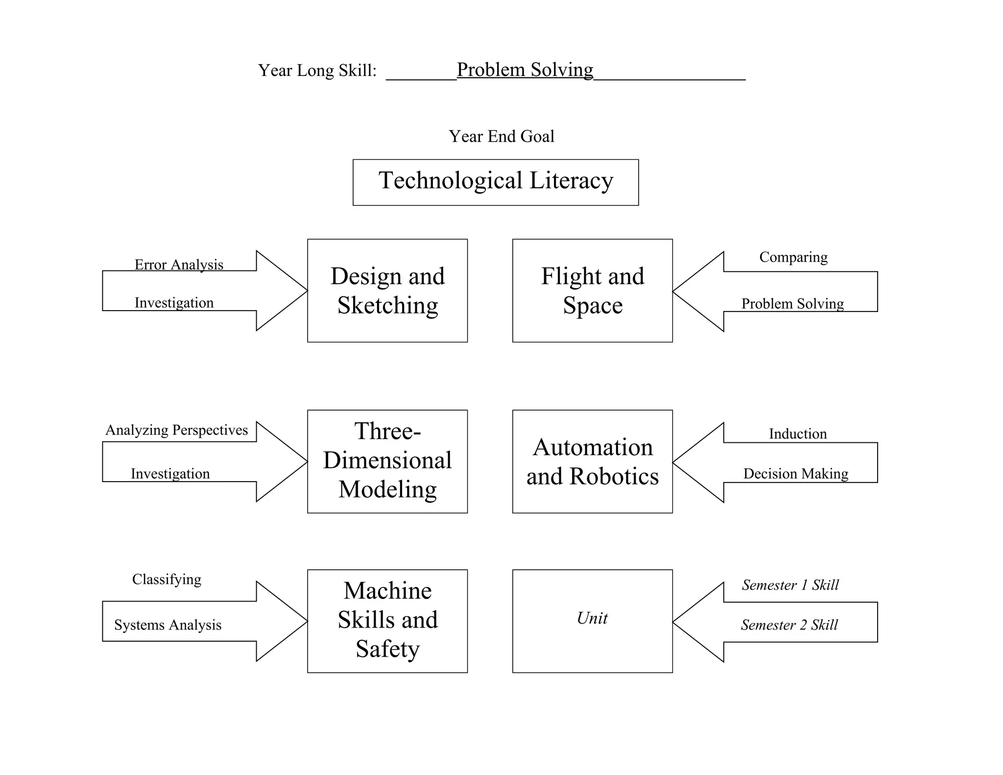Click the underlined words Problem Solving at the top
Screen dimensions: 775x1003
click(x=525, y=70)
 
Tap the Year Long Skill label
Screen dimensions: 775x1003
click(x=317, y=71)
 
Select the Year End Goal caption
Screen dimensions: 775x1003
click(x=501, y=136)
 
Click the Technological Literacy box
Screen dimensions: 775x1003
click(x=496, y=182)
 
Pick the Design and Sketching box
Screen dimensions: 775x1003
click(x=387, y=291)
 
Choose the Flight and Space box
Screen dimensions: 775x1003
click(x=592, y=291)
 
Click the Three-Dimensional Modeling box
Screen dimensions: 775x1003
click(x=387, y=461)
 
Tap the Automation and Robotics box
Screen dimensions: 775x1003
click(x=592, y=461)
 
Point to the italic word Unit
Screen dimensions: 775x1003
click(x=592, y=618)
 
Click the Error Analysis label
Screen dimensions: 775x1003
click(x=179, y=265)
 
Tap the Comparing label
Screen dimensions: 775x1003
click(x=793, y=257)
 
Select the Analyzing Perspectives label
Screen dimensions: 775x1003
click(x=177, y=430)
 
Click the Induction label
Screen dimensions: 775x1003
click(x=797, y=434)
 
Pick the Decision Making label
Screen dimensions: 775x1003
click(x=795, y=474)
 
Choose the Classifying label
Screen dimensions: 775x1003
click(x=167, y=580)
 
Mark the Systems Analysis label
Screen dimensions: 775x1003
click(x=167, y=625)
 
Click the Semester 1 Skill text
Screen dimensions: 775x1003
click(x=790, y=585)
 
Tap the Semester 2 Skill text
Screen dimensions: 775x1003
click(x=789, y=625)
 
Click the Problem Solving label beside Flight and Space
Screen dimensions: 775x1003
click(x=792, y=304)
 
